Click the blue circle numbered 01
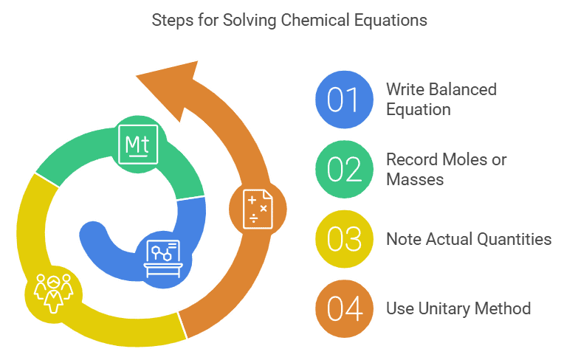343,99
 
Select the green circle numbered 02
343,169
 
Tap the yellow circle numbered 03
343,239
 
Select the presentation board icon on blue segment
162,255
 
